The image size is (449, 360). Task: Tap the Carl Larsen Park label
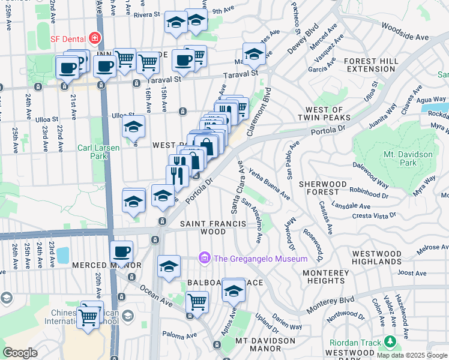pyautogui.click(x=92, y=151)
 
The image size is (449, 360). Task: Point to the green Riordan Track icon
pyautogui.click(x=391, y=343)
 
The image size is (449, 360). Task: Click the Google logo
pyautogui.click(x=20, y=353)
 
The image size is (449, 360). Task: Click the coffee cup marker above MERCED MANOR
pyautogui.click(x=122, y=252)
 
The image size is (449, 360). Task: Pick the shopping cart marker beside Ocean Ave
pyautogui.click(x=196, y=302)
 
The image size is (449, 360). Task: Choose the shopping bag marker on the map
pyautogui.click(x=206, y=146)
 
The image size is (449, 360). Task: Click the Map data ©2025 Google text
pyautogui.click(x=411, y=355)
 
